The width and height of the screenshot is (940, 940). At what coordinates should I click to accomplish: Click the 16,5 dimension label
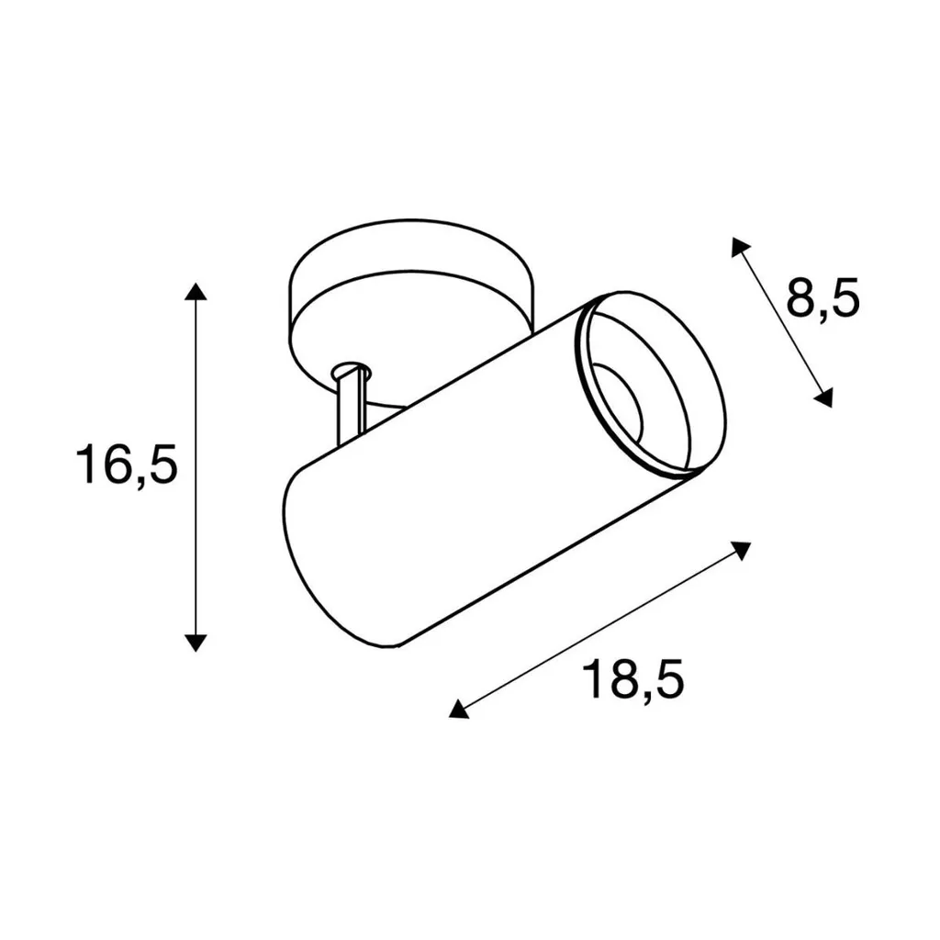pos(127,465)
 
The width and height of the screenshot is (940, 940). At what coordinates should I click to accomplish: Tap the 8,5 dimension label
pos(822,297)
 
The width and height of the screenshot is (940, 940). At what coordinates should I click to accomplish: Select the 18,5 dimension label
pos(632,679)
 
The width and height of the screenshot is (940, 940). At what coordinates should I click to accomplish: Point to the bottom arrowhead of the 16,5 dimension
pos(196,643)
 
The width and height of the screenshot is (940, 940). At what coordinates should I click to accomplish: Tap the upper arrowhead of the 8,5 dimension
pos(740,246)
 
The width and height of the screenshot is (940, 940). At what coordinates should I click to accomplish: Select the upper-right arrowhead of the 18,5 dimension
pos(742,550)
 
